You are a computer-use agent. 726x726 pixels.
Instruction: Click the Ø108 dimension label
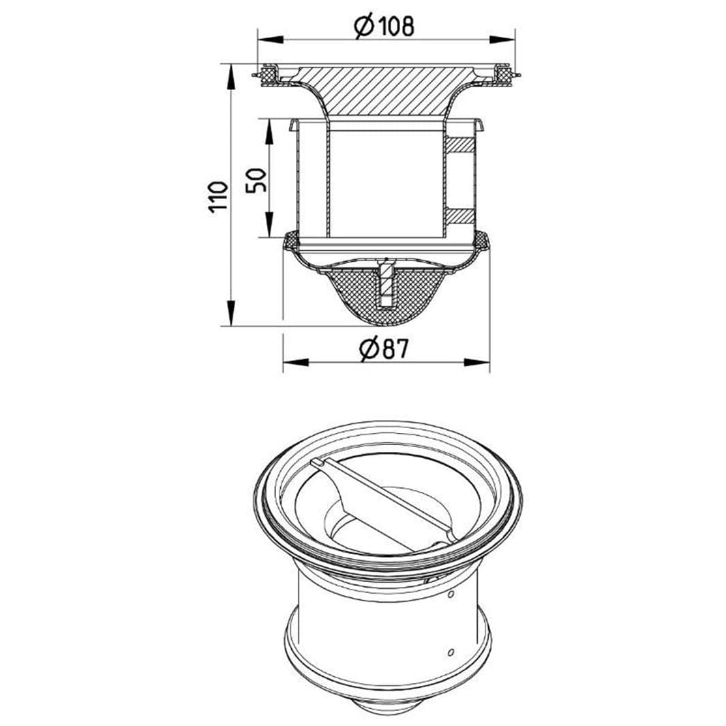pos(383,27)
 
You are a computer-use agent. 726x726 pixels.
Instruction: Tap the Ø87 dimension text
pos(384,348)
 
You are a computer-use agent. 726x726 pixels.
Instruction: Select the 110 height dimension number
pos(219,197)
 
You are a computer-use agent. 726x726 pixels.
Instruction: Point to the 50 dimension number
pos(256,180)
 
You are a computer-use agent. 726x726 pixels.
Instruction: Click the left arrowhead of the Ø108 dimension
pos(271,40)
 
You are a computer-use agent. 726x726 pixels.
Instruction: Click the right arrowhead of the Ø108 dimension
pos(502,40)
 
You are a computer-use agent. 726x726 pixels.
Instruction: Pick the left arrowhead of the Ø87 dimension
pos(296,361)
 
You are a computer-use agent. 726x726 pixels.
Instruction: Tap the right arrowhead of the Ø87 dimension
pos(477,361)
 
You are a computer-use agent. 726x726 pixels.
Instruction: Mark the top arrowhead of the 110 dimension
pos(230,77)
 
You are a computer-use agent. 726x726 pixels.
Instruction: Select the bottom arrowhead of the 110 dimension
pos(230,313)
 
